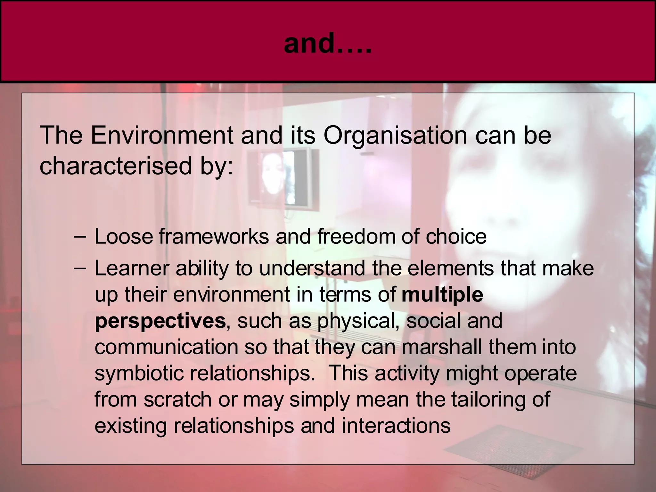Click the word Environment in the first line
point(162,135)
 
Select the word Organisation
point(395,135)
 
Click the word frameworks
point(214,237)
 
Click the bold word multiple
point(442,295)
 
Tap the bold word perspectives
point(160,321)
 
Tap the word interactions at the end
point(396,426)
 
